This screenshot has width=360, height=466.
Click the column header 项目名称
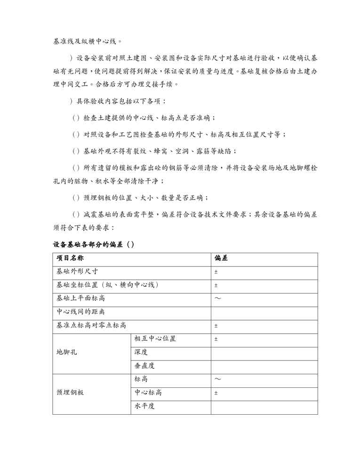tap(70, 258)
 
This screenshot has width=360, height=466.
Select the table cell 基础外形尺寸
tap(77, 272)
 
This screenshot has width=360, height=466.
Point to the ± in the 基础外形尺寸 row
tap(216, 272)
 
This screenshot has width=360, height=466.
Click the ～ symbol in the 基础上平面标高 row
tap(217, 298)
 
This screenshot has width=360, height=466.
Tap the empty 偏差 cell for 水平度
tap(264, 406)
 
